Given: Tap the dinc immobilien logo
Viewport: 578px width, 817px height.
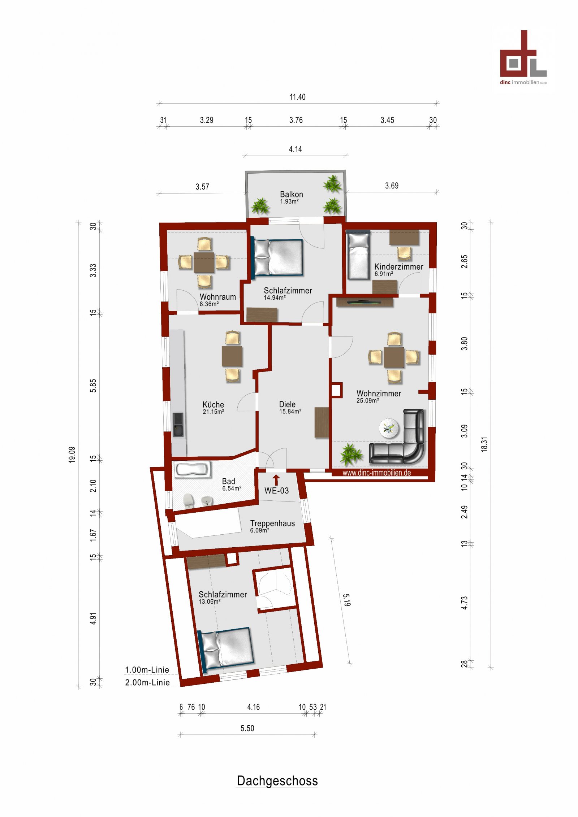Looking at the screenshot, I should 523,58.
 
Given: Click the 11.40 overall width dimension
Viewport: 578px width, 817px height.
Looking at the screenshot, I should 297,97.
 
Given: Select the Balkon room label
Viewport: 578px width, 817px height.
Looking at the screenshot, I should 291,195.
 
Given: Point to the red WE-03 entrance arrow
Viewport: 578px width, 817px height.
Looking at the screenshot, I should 276,480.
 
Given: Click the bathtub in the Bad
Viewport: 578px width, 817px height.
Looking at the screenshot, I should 192,470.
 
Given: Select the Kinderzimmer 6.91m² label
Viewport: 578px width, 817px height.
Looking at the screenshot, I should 398,269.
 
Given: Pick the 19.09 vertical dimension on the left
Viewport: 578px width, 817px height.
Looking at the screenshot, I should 72,455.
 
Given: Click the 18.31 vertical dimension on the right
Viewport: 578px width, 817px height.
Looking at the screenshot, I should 484,444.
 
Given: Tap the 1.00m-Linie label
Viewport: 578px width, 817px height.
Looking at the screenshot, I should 147,670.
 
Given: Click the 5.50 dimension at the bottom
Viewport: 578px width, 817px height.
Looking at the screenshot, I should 247,728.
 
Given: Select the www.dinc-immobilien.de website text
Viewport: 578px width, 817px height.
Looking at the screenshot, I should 376,473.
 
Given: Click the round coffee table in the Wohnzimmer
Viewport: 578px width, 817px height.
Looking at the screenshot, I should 389,428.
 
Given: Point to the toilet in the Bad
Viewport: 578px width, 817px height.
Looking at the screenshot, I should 188,500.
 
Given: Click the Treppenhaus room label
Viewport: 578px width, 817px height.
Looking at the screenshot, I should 272,523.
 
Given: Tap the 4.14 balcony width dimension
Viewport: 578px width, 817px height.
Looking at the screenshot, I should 295,149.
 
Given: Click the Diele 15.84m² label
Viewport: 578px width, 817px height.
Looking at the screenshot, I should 289,407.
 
